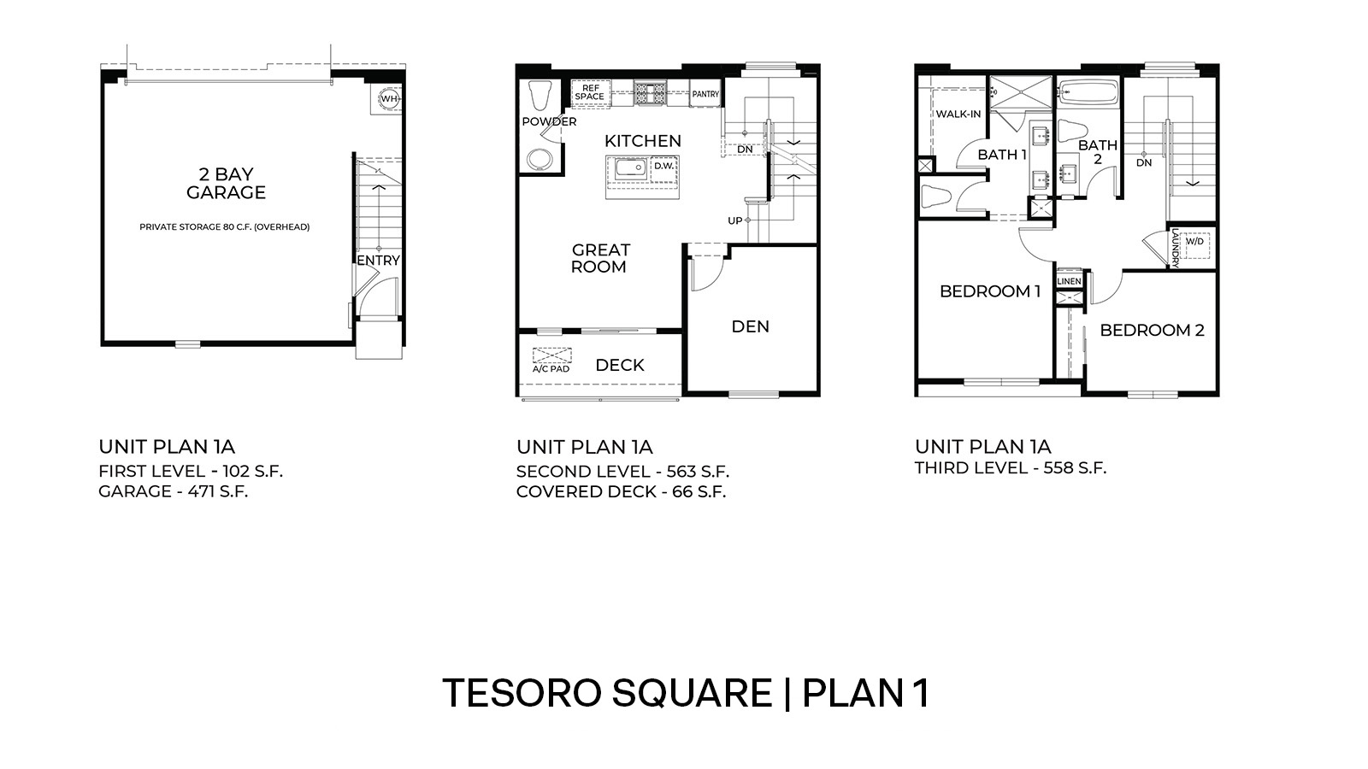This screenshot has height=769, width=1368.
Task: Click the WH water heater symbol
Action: coord(389,98)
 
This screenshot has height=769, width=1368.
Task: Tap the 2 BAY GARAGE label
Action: coord(226,184)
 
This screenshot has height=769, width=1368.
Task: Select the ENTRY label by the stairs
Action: coord(378,261)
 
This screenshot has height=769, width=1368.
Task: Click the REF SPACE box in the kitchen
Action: coord(589,92)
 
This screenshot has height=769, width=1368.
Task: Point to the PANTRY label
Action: coord(705,94)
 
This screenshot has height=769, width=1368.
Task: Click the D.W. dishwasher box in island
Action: coord(663,166)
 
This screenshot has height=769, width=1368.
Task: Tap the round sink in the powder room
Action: coord(540,159)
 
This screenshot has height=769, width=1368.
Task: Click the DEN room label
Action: coord(750,326)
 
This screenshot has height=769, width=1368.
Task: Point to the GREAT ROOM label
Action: coord(600,258)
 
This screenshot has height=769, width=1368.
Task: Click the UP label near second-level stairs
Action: coord(734,220)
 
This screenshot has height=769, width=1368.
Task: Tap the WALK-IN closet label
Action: coord(958,114)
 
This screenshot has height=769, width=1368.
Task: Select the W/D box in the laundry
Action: coord(1194,241)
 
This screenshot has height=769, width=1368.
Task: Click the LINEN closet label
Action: coord(1069,281)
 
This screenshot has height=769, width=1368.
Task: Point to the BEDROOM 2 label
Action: coord(1152,330)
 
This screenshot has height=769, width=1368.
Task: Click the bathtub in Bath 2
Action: coord(1088,92)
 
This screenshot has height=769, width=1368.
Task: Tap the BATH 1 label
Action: coord(1002,155)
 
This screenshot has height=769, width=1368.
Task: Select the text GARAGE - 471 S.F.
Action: coord(173,491)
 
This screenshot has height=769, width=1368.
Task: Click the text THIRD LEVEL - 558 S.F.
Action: coord(1010,467)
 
